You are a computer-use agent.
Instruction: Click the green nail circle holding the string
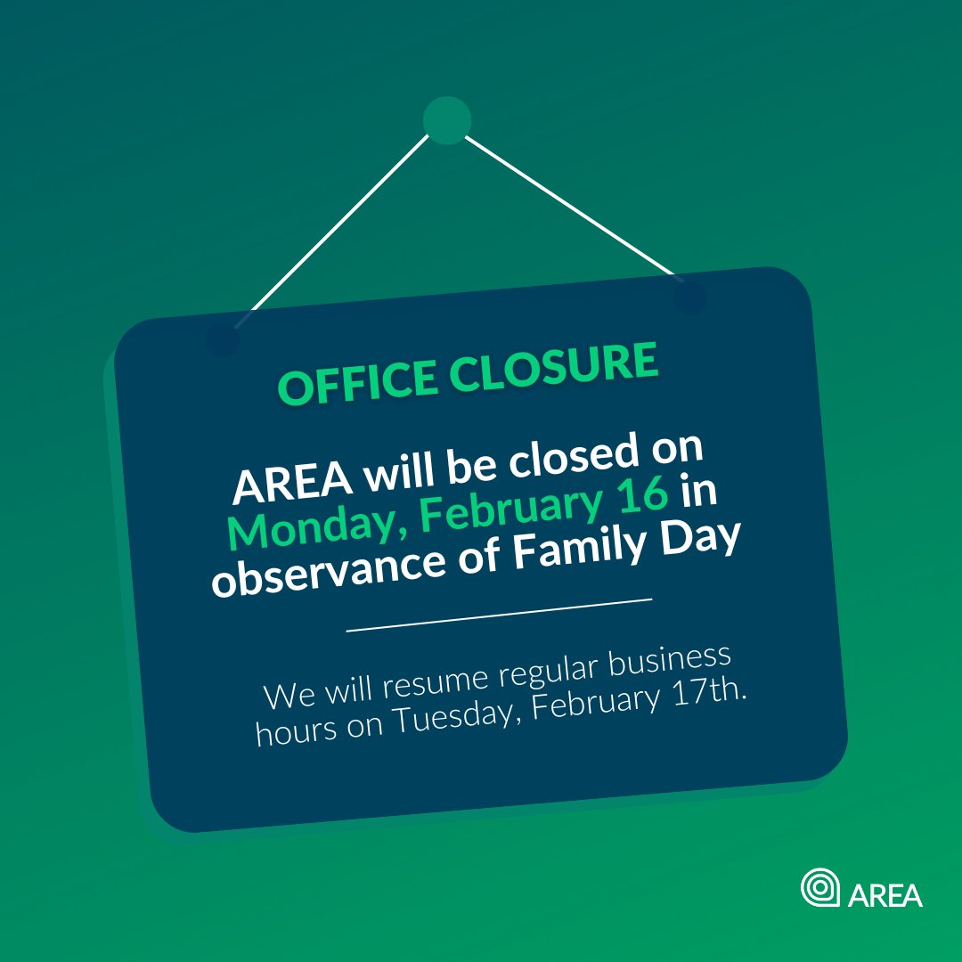click(446, 120)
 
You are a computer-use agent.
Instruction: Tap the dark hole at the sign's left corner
click(223, 339)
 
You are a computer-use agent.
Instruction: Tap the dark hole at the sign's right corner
click(690, 297)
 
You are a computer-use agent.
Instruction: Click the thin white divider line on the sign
click(499, 615)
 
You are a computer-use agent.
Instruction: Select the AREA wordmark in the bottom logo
click(885, 894)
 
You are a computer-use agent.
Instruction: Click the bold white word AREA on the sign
click(288, 484)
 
